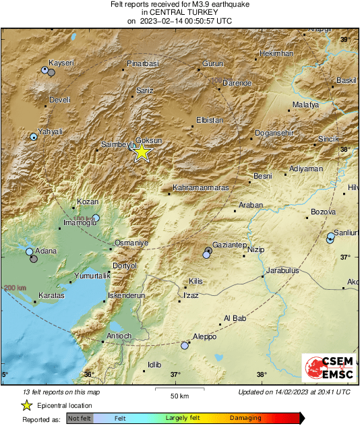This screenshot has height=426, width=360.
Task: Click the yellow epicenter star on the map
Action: [142, 152]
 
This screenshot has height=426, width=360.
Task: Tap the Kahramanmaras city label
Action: [201, 187]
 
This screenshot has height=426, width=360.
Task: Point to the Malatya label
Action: [306, 105]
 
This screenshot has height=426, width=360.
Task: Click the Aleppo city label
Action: [204, 336]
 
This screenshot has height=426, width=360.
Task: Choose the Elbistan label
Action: [209, 120]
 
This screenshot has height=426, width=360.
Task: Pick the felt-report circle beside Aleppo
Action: [185, 345]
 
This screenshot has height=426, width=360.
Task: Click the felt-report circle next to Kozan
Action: [96, 218]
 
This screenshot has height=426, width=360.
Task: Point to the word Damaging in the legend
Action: [245, 418]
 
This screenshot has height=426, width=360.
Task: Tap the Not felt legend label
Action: [80, 418]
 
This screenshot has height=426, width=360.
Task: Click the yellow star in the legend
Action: [26, 405]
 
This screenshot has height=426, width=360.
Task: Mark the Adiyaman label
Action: [305, 169]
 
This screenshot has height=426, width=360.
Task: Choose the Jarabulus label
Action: [282, 270]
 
